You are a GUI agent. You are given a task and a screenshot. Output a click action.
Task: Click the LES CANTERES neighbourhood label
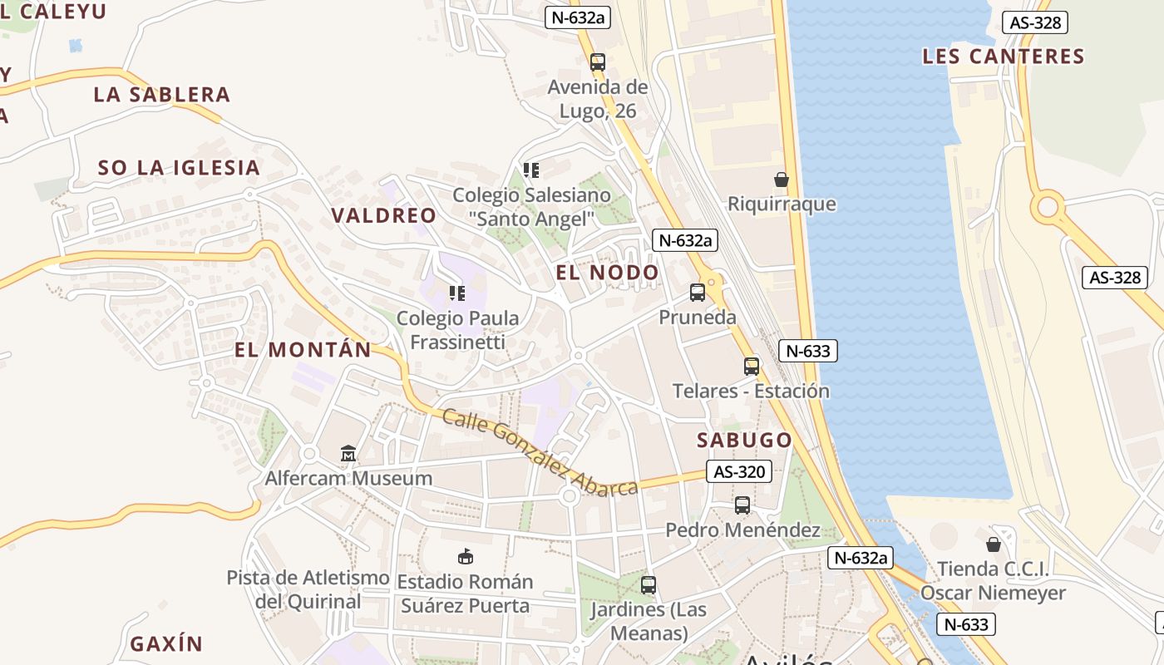click(x=1004, y=57)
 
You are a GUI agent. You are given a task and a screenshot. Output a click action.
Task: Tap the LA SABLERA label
click(x=161, y=95)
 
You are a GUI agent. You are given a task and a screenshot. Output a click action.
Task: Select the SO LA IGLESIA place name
click(x=179, y=168)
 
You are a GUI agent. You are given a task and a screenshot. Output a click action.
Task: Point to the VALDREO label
click(x=383, y=215)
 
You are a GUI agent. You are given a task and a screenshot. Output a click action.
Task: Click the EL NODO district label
click(x=607, y=273)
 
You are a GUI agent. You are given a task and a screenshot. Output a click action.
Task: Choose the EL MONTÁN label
click(x=303, y=350)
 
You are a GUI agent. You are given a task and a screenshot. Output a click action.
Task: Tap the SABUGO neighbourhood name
click(x=744, y=440)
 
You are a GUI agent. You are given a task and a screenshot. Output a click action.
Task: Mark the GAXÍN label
click(x=166, y=643)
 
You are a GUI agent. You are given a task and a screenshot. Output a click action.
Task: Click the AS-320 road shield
click(x=739, y=472)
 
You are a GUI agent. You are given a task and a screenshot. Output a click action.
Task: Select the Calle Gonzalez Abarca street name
click(x=540, y=453)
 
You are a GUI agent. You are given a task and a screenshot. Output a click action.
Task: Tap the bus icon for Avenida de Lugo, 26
click(x=598, y=62)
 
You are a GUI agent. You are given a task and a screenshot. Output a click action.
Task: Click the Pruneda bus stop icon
click(x=698, y=293)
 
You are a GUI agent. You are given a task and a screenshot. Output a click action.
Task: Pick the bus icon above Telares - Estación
click(x=752, y=366)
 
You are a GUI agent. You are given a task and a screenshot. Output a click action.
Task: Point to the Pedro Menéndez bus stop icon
click(x=742, y=505)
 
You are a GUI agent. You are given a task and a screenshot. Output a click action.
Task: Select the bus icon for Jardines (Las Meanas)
click(x=649, y=585)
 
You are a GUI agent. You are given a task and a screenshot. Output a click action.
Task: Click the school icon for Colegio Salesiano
click(x=531, y=170)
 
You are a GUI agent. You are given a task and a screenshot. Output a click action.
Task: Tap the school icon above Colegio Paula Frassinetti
click(x=456, y=293)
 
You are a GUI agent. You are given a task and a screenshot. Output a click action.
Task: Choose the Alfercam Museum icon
click(x=348, y=454)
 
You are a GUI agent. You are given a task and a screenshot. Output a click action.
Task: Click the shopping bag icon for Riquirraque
click(x=782, y=179)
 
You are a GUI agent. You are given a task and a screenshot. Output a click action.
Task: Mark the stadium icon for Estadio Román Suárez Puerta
click(x=465, y=557)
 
